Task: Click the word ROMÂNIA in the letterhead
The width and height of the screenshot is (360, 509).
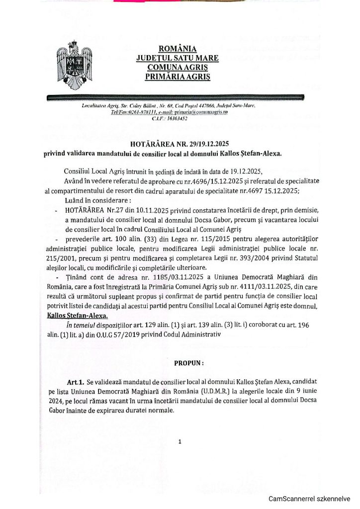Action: (178, 49)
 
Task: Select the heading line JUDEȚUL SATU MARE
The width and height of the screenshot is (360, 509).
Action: (178, 58)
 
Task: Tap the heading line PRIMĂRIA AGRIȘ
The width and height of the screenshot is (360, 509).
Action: (178, 77)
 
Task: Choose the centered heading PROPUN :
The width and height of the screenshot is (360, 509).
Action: (188, 363)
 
